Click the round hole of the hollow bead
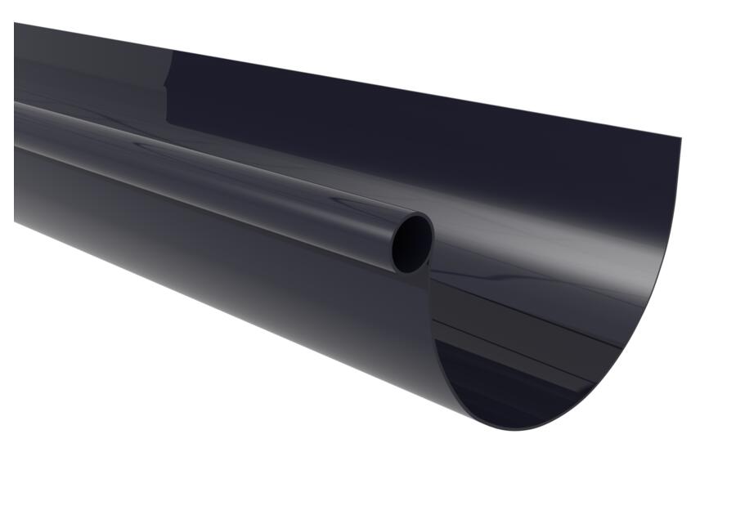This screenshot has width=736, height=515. (x=411, y=244)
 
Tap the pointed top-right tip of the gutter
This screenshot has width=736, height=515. (x=680, y=138)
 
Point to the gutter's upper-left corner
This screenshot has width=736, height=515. (x=16, y=24)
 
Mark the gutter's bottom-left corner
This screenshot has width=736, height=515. (x=16, y=220)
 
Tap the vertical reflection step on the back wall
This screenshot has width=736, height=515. (x=168, y=82)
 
